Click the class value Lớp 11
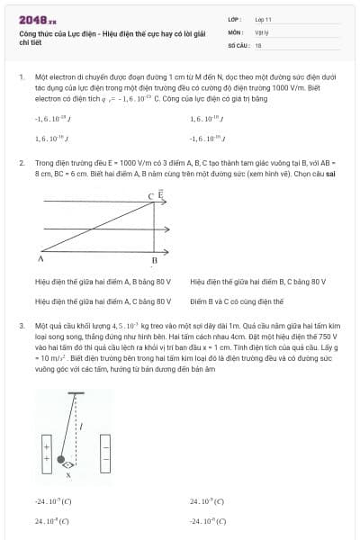(262, 19)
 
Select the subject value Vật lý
(260, 31)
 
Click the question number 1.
(21, 78)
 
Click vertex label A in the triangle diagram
(41, 258)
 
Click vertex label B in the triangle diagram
(154, 261)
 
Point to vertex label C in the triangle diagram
(150, 195)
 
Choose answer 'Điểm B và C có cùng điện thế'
(237, 301)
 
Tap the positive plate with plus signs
(45, 446)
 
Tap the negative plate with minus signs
(104, 446)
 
